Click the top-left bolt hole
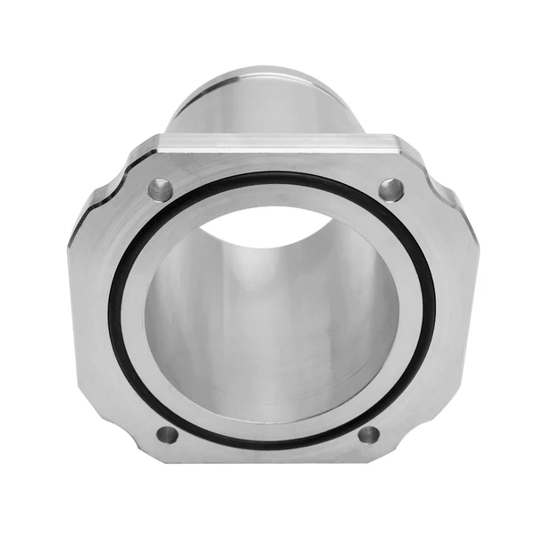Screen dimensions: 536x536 [161, 188]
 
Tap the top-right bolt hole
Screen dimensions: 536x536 [390, 189]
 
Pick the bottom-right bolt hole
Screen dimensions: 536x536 [368, 435]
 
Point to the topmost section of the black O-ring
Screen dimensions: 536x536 [272, 175]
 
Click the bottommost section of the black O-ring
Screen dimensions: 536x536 [268, 445]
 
